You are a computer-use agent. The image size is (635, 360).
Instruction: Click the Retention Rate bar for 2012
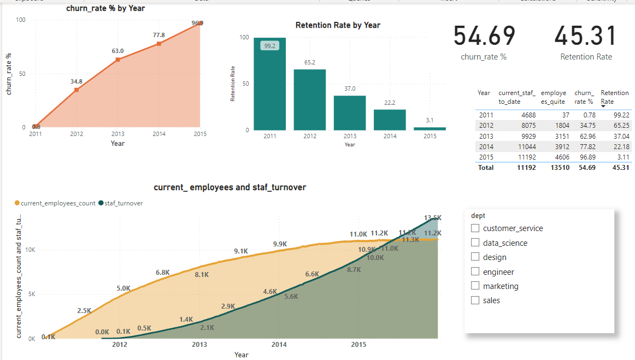(x=310, y=99)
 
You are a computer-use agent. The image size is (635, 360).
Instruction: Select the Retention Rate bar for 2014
(x=390, y=120)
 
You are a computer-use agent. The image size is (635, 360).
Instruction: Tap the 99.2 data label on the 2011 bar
(x=269, y=46)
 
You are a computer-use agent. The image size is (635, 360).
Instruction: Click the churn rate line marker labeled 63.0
(x=117, y=60)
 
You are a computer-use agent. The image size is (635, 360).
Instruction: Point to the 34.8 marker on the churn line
(x=77, y=90)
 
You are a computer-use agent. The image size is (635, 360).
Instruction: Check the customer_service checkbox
(x=475, y=228)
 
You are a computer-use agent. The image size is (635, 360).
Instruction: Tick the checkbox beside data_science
(x=475, y=243)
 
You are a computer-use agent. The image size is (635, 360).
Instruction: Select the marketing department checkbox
(x=475, y=286)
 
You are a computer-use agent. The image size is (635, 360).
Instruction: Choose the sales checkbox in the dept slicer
(x=475, y=300)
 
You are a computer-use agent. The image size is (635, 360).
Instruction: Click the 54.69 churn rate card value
(x=484, y=36)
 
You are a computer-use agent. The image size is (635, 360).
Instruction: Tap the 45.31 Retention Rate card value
(x=586, y=36)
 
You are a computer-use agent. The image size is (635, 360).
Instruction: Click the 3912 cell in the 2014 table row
(x=560, y=147)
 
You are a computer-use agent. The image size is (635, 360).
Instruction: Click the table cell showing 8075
(x=526, y=126)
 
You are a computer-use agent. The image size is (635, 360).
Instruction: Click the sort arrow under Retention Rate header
(x=603, y=107)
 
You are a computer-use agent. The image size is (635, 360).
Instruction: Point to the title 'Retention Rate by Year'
(x=338, y=25)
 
